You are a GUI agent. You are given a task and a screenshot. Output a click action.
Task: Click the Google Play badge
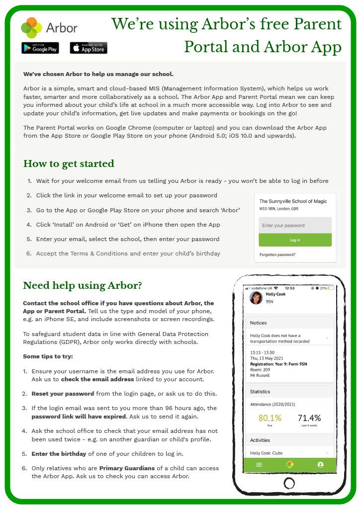coord(40,48)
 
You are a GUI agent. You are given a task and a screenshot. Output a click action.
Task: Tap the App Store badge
coord(89,48)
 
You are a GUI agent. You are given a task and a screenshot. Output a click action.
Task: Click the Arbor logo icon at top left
coord(31,28)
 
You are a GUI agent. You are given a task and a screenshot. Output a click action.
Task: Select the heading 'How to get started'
coord(69,164)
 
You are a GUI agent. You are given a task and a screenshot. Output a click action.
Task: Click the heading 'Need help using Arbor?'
coord(83,285)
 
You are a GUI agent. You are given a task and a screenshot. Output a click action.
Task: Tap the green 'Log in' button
coord(295,240)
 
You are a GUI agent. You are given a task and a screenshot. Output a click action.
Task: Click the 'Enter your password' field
coord(295,225)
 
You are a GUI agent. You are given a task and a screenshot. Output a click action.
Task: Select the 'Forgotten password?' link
coord(277,254)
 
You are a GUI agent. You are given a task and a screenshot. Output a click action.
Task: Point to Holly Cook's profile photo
coord(256,297)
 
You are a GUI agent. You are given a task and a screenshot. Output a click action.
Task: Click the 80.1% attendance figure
coord(270,418)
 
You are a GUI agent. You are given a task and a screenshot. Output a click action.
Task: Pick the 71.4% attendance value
coord(309,418)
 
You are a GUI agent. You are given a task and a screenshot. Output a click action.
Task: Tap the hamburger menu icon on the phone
coord(259,465)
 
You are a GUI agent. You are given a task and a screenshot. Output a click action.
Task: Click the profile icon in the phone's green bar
coord(320,465)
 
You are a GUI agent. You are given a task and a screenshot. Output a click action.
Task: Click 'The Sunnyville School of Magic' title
coord(293,201)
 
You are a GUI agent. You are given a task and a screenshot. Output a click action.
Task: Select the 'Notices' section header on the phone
coord(259,323)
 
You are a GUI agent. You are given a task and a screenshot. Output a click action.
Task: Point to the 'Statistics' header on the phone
coord(260,392)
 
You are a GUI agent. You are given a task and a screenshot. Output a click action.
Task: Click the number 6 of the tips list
coord(24,468)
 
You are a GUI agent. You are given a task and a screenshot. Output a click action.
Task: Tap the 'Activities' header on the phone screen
coord(260,440)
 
